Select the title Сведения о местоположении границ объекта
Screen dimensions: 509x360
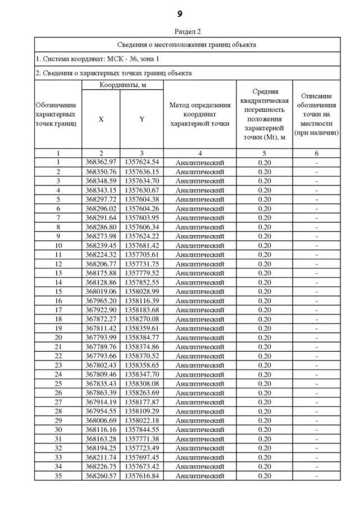(x=187, y=44)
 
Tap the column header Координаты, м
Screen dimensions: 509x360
(x=123, y=84)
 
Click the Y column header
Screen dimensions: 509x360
(x=142, y=119)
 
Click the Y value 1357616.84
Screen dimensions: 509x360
(x=142, y=475)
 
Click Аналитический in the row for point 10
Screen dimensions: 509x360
(x=200, y=245)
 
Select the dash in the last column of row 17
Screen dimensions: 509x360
(x=317, y=310)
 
